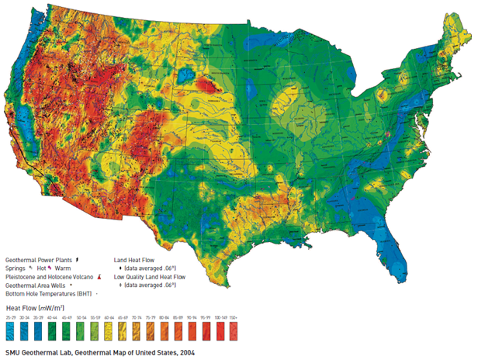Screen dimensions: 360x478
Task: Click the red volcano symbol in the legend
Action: pos(99,275)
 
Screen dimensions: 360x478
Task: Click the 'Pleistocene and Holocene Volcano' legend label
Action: pos(49,275)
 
